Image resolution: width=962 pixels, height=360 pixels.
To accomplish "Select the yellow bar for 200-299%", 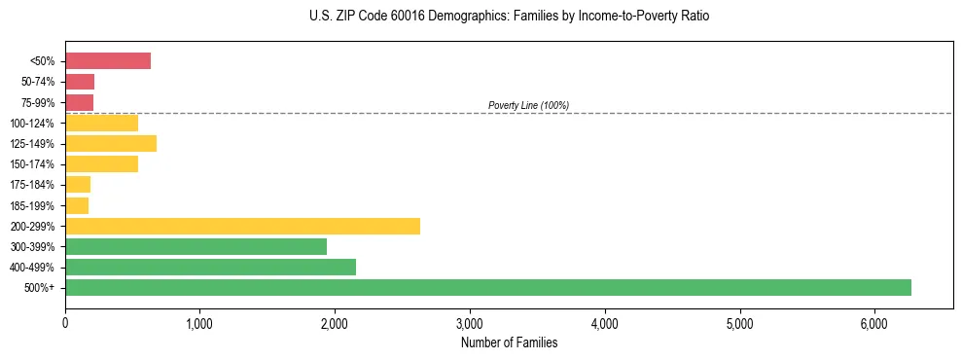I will [242, 226].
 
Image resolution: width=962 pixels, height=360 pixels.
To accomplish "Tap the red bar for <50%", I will [108, 61].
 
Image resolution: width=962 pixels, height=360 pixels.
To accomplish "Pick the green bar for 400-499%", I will [210, 267].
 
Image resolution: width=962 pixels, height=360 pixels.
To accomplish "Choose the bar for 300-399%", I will [196, 246].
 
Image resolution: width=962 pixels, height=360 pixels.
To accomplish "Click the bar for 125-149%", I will [111, 144].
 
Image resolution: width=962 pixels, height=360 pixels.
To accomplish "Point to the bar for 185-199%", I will [77, 205].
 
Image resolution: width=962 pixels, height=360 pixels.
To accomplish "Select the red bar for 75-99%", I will [79, 102].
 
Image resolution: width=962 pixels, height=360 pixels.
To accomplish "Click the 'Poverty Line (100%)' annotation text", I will [528, 105].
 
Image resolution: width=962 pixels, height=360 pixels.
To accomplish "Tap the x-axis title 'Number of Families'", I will [509, 342].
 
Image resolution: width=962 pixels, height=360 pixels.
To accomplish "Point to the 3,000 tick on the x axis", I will [470, 323].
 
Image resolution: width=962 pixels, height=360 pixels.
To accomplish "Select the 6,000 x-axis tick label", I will [874, 323].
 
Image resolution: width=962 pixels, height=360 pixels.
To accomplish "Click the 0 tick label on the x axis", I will [65, 323].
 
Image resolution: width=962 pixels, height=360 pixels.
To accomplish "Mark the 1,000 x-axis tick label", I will [199, 323].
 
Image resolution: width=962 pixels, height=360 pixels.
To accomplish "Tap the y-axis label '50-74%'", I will [38, 82].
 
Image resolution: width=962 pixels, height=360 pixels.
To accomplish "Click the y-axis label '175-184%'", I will [34, 185].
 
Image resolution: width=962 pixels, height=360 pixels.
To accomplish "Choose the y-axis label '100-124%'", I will [34, 124].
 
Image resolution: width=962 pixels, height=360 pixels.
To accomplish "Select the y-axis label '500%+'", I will [41, 288].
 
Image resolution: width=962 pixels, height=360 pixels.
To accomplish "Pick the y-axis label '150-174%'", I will [34, 164].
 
